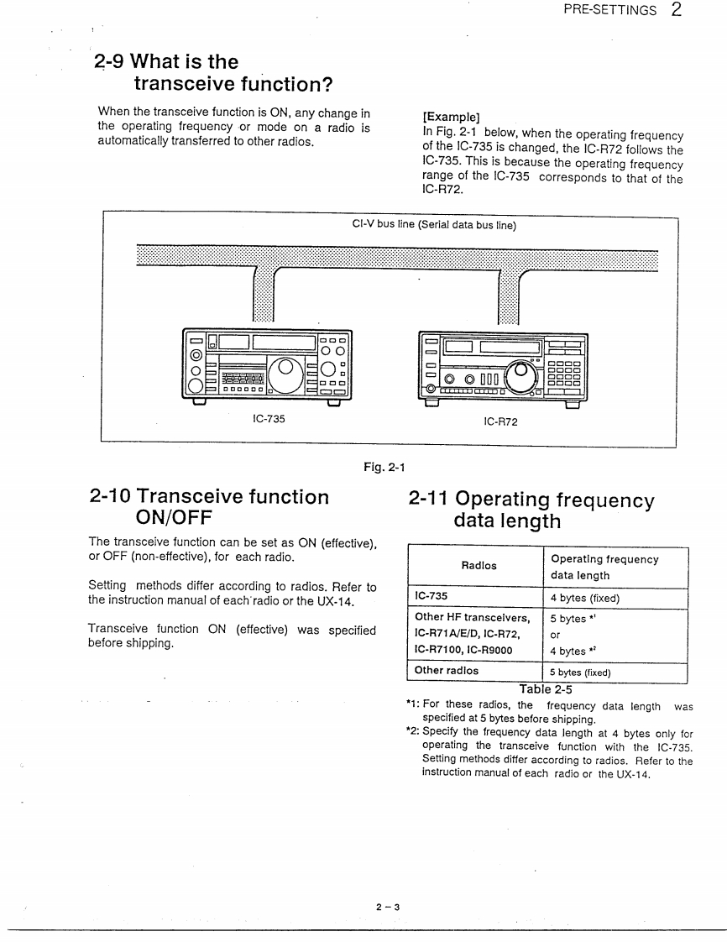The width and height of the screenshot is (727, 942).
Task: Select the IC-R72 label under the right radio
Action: click(x=500, y=421)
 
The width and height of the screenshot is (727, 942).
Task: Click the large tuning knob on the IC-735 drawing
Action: click(x=286, y=369)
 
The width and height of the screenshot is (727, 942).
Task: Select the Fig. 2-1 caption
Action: click(x=384, y=467)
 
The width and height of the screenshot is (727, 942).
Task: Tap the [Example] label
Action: click(x=451, y=118)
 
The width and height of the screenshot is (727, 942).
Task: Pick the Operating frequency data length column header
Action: click(x=604, y=567)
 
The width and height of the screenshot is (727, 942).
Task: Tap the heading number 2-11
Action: click(x=437, y=499)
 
